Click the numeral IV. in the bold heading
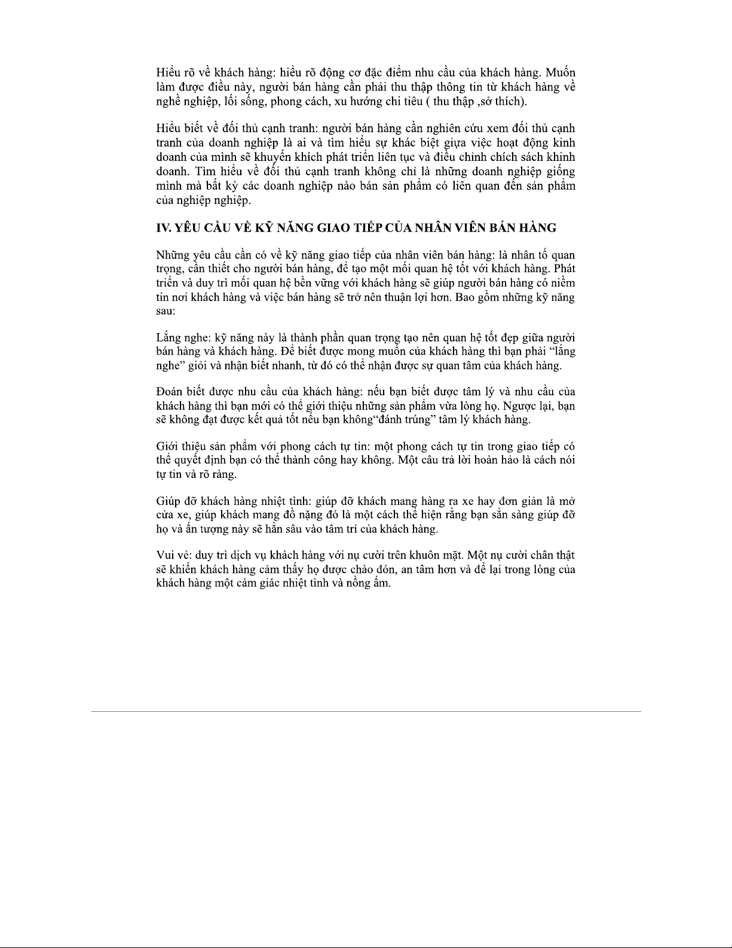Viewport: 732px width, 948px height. click(x=164, y=228)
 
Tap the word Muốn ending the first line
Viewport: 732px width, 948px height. click(x=561, y=73)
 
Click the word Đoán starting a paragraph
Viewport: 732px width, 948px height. click(x=169, y=392)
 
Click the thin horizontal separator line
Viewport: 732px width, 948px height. click(x=366, y=711)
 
